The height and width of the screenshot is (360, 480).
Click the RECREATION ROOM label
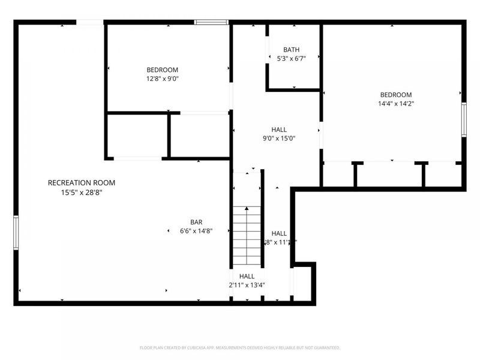82,182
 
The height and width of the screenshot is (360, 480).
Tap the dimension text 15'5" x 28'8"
82,193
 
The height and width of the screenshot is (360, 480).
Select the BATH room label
292,50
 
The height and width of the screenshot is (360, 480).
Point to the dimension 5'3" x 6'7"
292,59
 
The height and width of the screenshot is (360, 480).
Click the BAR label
196,222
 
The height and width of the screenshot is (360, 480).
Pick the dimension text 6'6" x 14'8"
196,231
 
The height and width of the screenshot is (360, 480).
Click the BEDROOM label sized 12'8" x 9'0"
163,70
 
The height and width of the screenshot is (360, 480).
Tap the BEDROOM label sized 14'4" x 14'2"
396,94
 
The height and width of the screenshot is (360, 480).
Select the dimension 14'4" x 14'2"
396,103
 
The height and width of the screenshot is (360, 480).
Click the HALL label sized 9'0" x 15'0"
279,129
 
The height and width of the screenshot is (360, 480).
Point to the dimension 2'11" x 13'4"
247,285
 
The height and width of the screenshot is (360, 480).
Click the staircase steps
247,236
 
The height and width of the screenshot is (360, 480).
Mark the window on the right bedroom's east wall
463,119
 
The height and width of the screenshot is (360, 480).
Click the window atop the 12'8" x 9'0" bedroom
211,22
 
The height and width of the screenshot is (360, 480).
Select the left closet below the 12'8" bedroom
137,136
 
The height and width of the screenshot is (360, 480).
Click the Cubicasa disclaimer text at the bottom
240,347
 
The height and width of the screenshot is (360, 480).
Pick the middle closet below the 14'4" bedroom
390,175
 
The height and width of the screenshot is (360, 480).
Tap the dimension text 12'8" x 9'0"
163,79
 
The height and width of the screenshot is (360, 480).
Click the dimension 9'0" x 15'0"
279,138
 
